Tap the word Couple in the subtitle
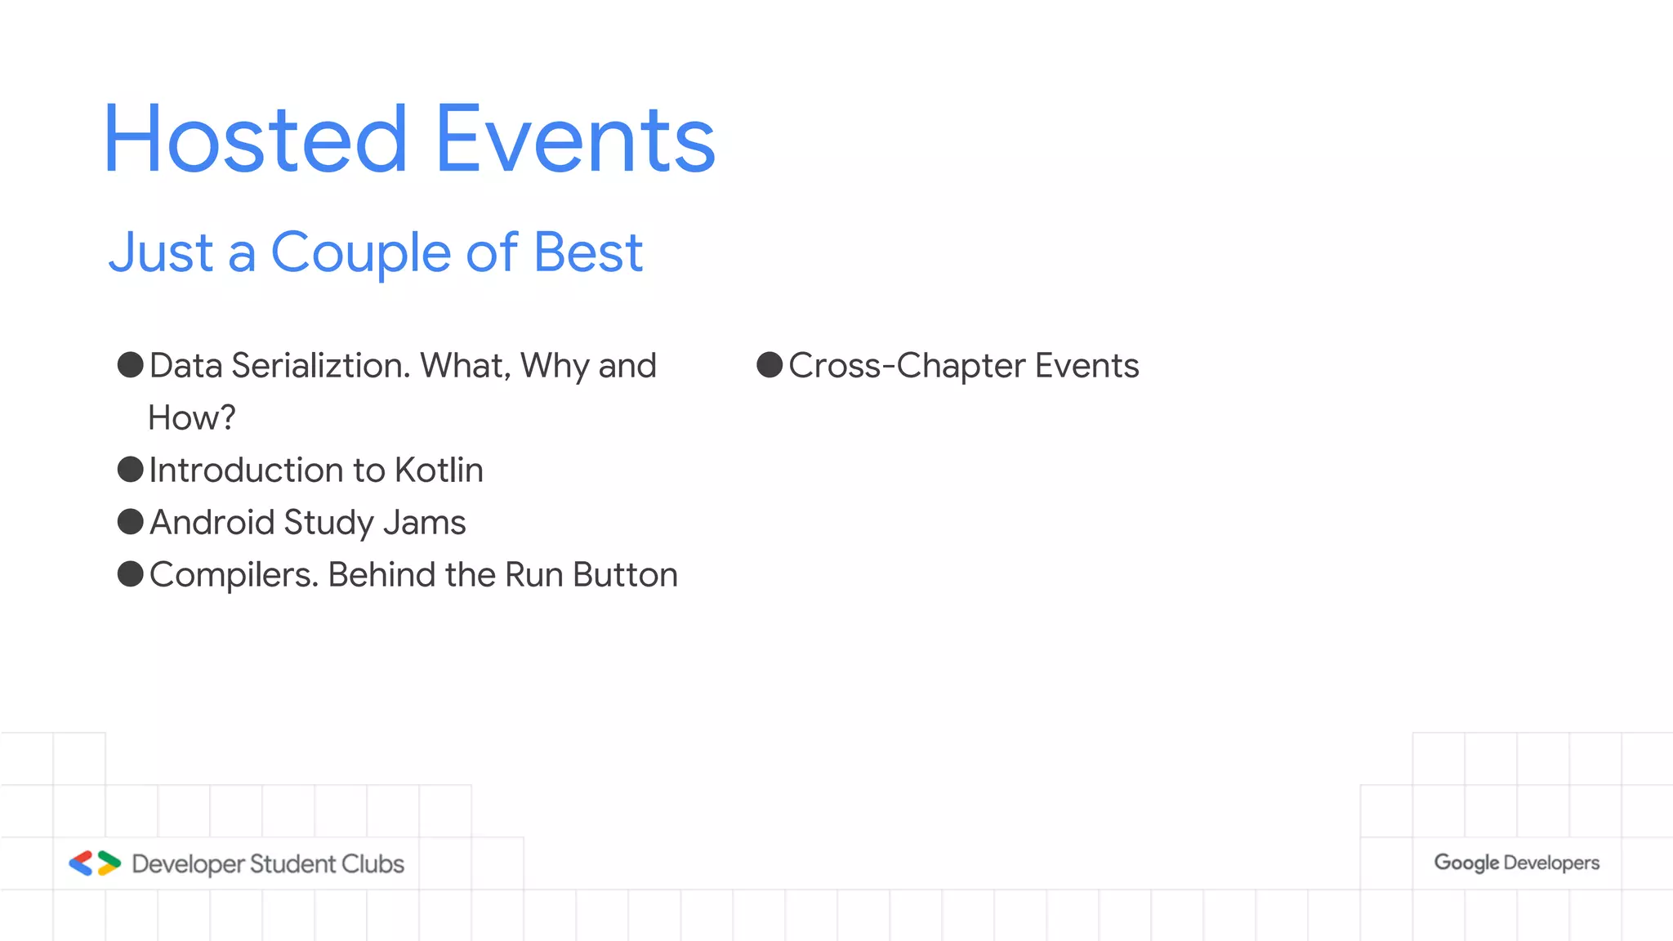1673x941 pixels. click(x=361, y=253)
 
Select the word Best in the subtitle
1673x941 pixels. click(x=587, y=253)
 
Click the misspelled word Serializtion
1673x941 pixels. click(x=320, y=366)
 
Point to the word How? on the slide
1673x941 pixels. click(x=192, y=418)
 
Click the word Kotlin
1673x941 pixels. click(x=439, y=470)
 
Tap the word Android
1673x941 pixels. click(x=212, y=523)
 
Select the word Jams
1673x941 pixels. click(x=424, y=523)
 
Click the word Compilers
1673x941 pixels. click(x=234, y=575)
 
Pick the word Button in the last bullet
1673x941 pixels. click(x=625, y=575)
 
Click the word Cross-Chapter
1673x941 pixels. click(x=907, y=366)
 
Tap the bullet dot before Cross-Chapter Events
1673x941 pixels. click(x=770, y=364)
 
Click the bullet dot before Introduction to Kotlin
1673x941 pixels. click(x=131, y=470)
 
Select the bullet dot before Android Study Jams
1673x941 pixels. click(x=131, y=522)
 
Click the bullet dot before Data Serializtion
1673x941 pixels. click(x=131, y=364)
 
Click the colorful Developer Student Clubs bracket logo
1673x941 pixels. click(x=95, y=863)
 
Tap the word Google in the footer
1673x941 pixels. click(x=1466, y=863)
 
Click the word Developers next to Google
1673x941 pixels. click(x=1551, y=863)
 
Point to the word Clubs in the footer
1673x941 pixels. click(x=373, y=863)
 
